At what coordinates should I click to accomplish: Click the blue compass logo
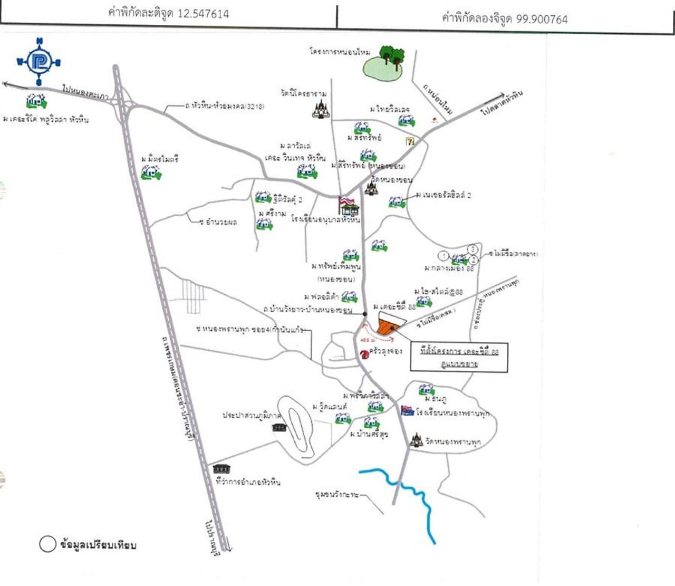tap(38, 62)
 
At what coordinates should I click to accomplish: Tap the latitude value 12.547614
tap(202, 14)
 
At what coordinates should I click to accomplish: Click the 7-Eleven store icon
tap(410, 141)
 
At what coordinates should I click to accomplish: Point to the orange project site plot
tap(389, 324)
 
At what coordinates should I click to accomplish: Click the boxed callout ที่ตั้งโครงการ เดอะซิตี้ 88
tap(459, 358)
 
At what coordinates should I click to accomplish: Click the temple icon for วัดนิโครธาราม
tap(320, 110)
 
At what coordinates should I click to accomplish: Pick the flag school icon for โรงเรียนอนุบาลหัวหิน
tap(349, 205)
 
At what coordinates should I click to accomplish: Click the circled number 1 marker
tap(443, 256)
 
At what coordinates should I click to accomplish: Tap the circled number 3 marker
tap(473, 249)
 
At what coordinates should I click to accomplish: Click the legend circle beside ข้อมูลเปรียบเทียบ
tap(47, 544)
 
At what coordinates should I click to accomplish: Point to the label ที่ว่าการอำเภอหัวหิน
tap(248, 482)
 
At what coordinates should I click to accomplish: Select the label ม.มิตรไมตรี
tap(160, 159)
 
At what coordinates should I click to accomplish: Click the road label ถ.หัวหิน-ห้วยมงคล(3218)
tap(225, 107)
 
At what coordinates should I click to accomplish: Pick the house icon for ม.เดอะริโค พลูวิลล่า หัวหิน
tap(36, 101)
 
